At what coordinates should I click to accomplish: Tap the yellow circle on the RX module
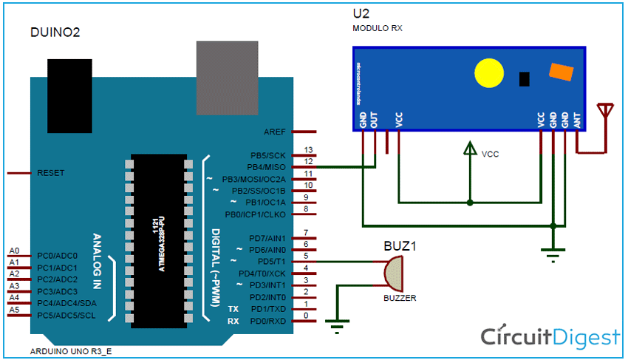pyautogui.click(x=488, y=72)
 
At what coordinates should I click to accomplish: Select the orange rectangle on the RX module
pyautogui.click(x=559, y=72)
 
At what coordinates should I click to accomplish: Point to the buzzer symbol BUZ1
pyautogui.click(x=394, y=273)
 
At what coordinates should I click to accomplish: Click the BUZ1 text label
pyautogui.click(x=400, y=246)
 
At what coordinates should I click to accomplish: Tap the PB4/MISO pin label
pyautogui.click(x=267, y=167)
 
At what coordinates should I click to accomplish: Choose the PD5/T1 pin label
pyautogui.click(x=270, y=262)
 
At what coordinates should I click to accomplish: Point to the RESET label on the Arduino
pyautogui.click(x=51, y=173)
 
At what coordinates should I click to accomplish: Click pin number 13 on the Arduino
pyautogui.click(x=308, y=150)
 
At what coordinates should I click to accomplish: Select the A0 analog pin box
pyautogui.click(x=15, y=251)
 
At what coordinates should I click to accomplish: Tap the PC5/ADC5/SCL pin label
pyautogui.click(x=66, y=316)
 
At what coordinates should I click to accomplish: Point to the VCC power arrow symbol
pyautogui.click(x=469, y=150)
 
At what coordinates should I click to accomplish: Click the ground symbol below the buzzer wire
pyautogui.click(x=340, y=324)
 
